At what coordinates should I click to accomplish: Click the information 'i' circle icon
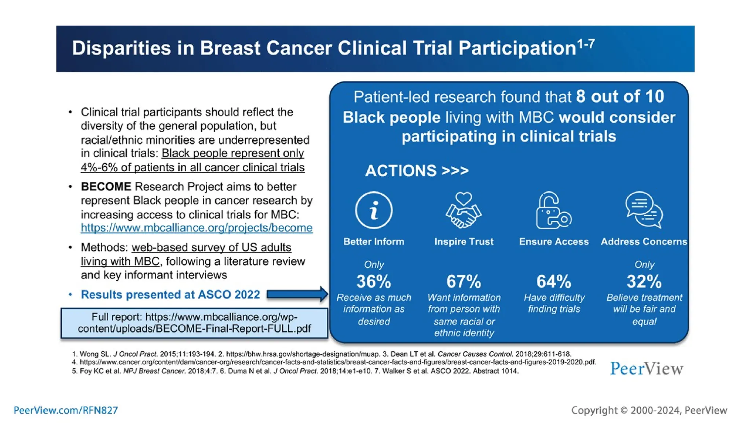pyautogui.click(x=374, y=210)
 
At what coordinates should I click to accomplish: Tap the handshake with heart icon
pyautogui.click(x=464, y=210)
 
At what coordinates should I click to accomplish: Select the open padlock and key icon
pyautogui.click(x=553, y=210)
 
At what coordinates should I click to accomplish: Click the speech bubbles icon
pyautogui.click(x=644, y=210)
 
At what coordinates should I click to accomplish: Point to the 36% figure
pyautogui.click(x=374, y=282)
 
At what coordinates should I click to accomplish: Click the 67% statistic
pyautogui.click(x=464, y=282)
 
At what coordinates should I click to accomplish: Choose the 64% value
pyautogui.click(x=554, y=282)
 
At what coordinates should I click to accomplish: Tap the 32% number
pyautogui.click(x=644, y=282)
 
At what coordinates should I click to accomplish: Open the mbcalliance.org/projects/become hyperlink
pyautogui.click(x=197, y=228)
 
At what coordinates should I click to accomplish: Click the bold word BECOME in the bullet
pyautogui.click(x=106, y=187)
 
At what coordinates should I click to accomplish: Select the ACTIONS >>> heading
pyautogui.click(x=417, y=171)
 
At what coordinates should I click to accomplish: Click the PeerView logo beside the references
pyautogui.click(x=646, y=368)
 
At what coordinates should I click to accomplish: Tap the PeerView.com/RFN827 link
pyautogui.click(x=66, y=410)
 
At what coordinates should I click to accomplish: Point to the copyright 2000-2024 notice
pyautogui.click(x=649, y=410)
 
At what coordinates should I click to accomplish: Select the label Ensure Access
pyautogui.click(x=554, y=242)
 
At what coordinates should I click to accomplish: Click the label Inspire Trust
pyautogui.click(x=464, y=242)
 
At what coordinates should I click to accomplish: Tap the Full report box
pyautogui.click(x=194, y=323)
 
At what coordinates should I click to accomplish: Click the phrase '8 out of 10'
pyautogui.click(x=620, y=97)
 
